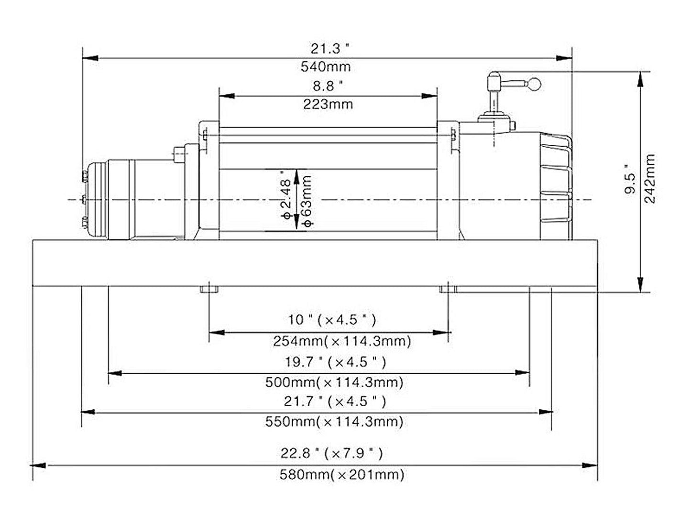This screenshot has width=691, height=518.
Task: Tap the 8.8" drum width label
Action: pos(328,86)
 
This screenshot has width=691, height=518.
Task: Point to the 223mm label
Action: pos(328,104)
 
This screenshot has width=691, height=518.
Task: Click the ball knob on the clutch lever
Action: pos(535,85)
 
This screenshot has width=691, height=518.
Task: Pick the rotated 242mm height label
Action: pos(650,179)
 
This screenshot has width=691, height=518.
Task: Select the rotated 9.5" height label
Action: pos(630,182)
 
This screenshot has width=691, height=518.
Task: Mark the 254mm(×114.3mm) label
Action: pos(342,341)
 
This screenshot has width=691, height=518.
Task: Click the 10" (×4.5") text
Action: pos(332,320)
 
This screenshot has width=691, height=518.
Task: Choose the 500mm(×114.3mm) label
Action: pos(334,382)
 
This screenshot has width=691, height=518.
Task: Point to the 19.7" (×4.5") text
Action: pos(335,362)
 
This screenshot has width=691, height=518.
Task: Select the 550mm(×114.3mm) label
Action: pos(334,421)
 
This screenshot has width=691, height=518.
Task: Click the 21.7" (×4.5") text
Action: pos(335,401)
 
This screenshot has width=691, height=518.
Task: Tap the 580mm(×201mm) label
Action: pos(341,475)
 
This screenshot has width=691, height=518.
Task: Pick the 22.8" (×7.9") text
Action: pos(332,453)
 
